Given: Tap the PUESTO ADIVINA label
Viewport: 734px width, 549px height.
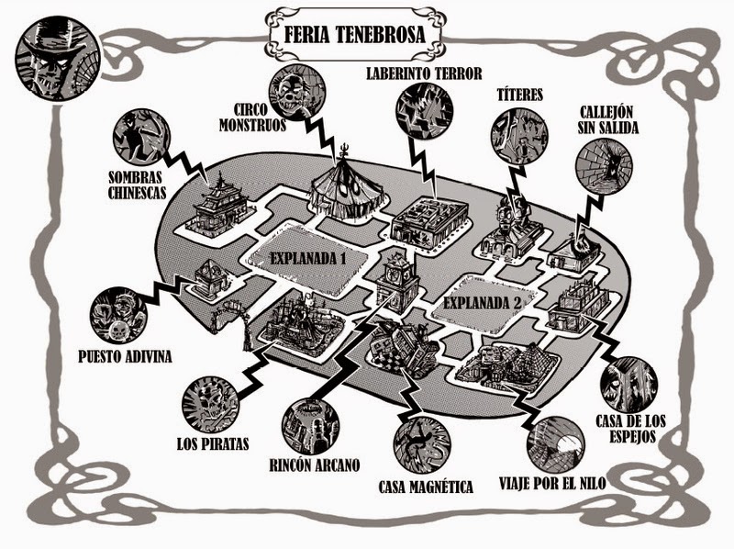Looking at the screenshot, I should tap(121, 354).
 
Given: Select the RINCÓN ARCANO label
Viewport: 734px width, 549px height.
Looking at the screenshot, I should tap(309, 464).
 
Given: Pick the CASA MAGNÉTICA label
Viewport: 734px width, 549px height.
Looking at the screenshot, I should tap(425, 485).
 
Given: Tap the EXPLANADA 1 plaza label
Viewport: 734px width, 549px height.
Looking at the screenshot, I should tap(307, 258).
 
